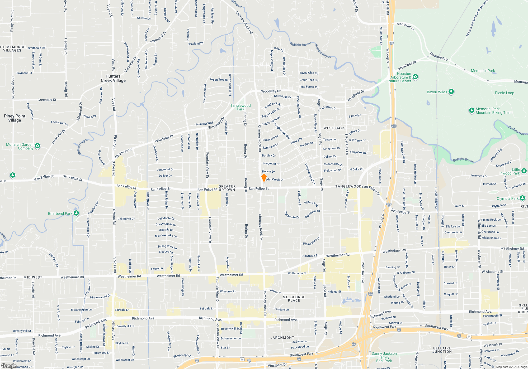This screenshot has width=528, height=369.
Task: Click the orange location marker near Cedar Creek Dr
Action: pyautogui.click(x=264, y=178)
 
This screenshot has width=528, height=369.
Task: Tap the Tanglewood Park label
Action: pyautogui.click(x=241, y=107)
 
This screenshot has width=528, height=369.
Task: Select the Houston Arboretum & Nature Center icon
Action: pyautogui.click(x=415, y=77)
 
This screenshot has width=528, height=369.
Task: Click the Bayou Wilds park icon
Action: pyautogui.click(x=451, y=92)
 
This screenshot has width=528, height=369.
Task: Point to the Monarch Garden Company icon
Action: pyautogui.click(x=37, y=146)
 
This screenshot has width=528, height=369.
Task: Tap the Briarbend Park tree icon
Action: pyautogui.click(x=76, y=213)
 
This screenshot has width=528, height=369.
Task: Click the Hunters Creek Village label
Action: pyautogui.click(x=113, y=78)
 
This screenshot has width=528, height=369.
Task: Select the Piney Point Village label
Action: pyautogui.click(x=15, y=118)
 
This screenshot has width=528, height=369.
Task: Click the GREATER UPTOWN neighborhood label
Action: pyautogui.click(x=227, y=188)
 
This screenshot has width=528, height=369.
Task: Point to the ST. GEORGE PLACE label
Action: pyautogui.click(x=294, y=299)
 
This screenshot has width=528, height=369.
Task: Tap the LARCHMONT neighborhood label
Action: pyautogui.click(x=282, y=338)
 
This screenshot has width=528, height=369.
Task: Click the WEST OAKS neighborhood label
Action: pyautogui.click(x=334, y=128)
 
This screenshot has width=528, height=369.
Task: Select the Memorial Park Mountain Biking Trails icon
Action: pyautogui.click(x=472, y=110)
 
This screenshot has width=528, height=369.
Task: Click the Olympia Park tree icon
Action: pyautogui.click(x=522, y=198)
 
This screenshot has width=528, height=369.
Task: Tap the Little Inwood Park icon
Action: pyautogui.click(x=524, y=171)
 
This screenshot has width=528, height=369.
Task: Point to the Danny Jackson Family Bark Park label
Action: pyautogui.click(x=384, y=357)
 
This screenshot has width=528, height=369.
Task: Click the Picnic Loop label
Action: pyautogui.click(x=505, y=93)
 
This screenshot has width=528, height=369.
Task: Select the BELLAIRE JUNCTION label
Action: pyautogui.click(x=442, y=350)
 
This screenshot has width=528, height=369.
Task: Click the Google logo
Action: pyautogui.click(x=9, y=366)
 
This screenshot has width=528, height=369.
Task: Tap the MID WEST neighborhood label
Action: pyautogui.click(x=33, y=277)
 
